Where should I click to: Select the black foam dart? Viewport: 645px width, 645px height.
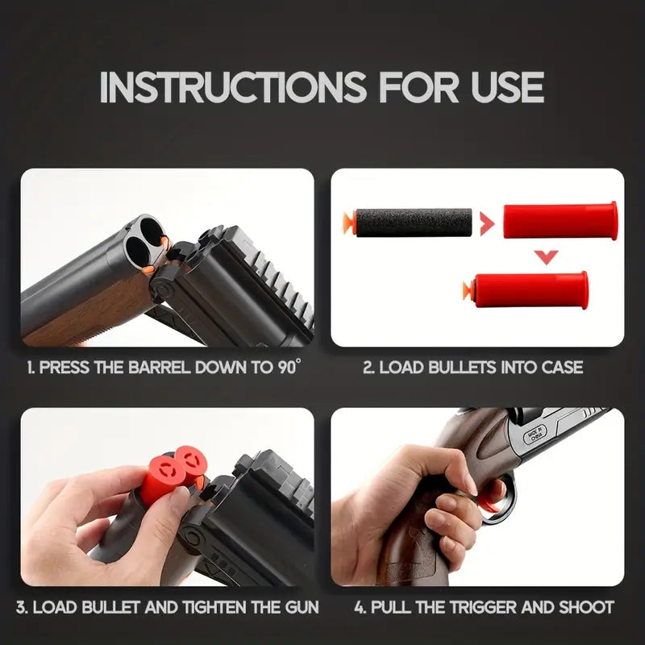point(414,222)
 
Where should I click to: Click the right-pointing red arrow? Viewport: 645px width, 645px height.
point(486,223)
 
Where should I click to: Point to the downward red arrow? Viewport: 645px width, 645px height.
point(547,257)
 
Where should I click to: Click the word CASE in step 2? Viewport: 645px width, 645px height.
point(560,368)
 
